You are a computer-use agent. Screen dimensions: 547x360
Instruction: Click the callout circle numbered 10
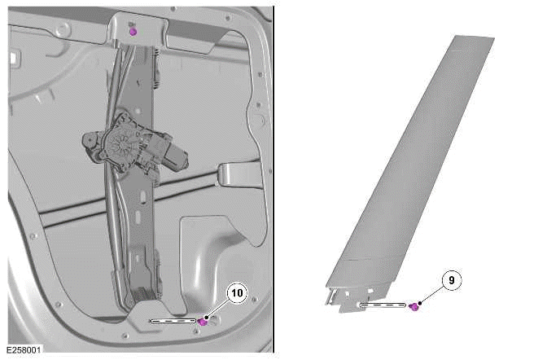[237, 292]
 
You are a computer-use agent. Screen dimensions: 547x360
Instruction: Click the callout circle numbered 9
[452, 280]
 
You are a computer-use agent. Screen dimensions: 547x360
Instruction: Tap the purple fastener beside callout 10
[203, 322]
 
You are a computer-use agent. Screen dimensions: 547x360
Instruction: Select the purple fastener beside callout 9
[414, 307]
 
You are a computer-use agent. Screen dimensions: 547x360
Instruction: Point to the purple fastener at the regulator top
[133, 32]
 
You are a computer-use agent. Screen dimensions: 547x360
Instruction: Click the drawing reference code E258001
[24, 349]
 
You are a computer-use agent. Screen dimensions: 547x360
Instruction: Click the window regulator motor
[134, 147]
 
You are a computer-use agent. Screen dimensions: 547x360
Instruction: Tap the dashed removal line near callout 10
[173, 321]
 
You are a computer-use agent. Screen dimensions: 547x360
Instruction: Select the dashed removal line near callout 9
[383, 305]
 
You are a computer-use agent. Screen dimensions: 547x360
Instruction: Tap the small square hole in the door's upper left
[14, 57]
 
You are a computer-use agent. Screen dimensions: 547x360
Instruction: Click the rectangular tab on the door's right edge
[241, 174]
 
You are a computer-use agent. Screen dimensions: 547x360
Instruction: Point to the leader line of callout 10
[218, 309]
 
